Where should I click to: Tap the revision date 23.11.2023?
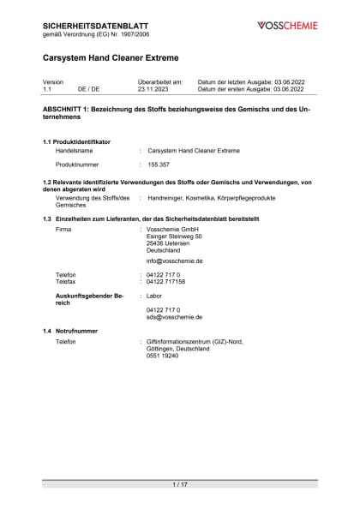coord(155,88)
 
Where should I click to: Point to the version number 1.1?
coord(47,88)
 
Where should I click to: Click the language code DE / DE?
coord(88,88)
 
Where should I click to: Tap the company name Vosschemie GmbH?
coord(172,231)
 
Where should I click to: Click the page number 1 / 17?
coord(180,485)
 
